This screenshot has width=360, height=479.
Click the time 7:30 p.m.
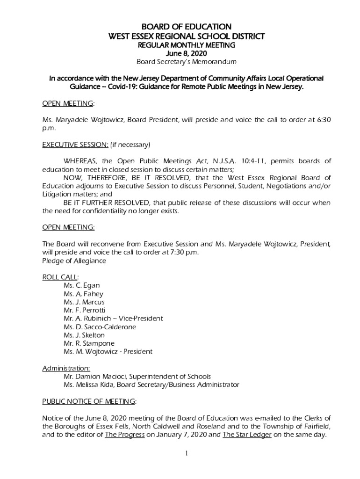[x=185, y=253]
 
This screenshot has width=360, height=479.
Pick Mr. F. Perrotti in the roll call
[x=84, y=310]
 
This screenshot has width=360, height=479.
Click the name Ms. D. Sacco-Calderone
[x=100, y=327]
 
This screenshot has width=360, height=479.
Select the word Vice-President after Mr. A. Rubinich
[x=140, y=319]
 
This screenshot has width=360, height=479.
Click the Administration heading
[x=66, y=368]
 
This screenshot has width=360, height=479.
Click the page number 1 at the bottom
[x=186, y=454]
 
